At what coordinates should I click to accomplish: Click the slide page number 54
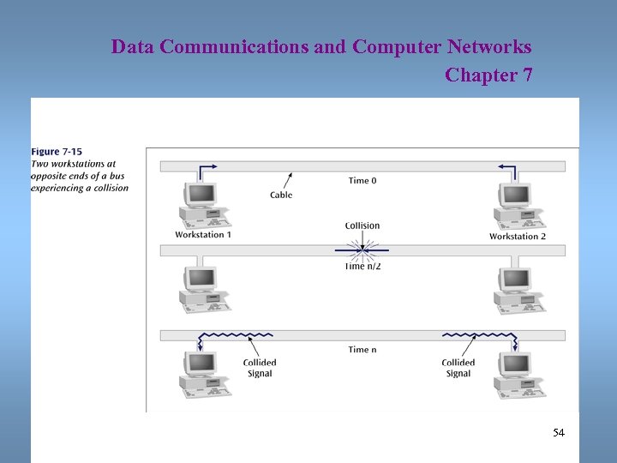pyautogui.click(x=559, y=433)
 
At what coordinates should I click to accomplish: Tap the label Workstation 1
pyautogui.click(x=203, y=235)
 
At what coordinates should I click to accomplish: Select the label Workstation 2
pyautogui.click(x=518, y=236)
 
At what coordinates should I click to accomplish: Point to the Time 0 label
pyautogui.click(x=362, y=181)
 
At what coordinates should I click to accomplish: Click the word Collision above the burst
pyautogui.click(x=362, y=226)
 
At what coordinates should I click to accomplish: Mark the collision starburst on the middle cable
pyautogui.click(x=362, y=250)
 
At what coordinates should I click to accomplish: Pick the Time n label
pyautogui.click(x=362, y=350)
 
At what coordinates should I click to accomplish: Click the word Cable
pyautogui.click(x=281, y=195)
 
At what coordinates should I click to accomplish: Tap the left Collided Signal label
pyautogui.click(x=259, y=368)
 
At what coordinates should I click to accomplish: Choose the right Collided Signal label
pyautogui.click(x=458, y=368)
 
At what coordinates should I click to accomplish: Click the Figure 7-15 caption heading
pyautogui.click(x=57, y=153)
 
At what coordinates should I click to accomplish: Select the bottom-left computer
pyautogui.click(x=202, y=374)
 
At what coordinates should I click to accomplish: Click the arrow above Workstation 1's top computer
pyautogui.click(x=206, y=169)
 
